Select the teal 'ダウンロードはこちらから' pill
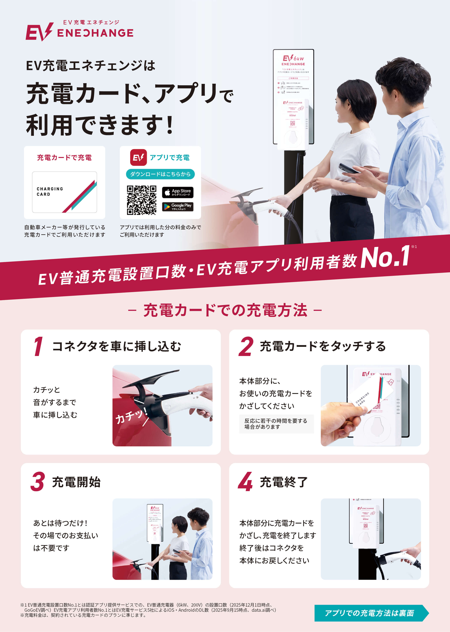tap(160, 174)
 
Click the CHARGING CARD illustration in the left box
tap(65, 192)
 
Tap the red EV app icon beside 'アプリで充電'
tap(138, 158)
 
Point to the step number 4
tap(245, 482)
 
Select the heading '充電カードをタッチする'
tap(323, 346)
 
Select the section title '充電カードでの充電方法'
tap(225, 310)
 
